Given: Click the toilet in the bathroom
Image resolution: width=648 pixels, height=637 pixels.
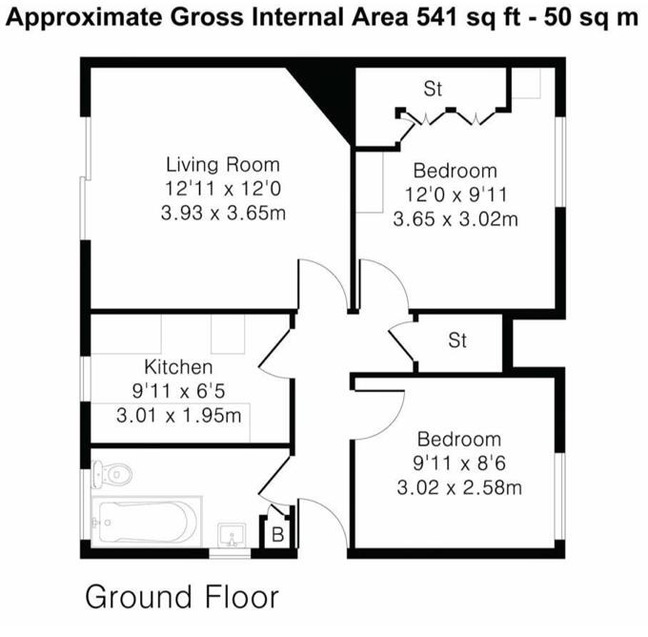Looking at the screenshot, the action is pyautogui.click(x=111, y=473).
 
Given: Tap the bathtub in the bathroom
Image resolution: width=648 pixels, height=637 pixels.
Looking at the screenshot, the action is pyautogui.click(x=147, y=522).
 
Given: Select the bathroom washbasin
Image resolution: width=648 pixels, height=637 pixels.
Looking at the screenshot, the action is pyautogui.click(x=233, y=534).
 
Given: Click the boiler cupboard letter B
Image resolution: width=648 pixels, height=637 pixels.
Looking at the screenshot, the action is pyautogui.click(x=277, y=535).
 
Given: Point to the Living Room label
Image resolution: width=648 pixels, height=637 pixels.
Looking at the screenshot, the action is pyautogui.click(x=223, y=165).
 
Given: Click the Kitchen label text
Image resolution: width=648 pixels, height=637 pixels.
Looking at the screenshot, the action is pyautogui.click(x=178, y=367).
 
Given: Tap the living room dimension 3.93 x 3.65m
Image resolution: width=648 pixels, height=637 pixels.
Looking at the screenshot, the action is pyautogui.click(x=223, y=213).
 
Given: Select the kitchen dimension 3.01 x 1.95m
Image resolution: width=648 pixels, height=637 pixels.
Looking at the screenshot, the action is pyautogui.click(x=178, y=416).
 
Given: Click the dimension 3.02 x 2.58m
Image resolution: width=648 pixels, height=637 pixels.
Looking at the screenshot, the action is pyautogui.click(x=459, y=487).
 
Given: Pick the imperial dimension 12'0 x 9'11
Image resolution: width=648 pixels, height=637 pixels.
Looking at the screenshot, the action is pyautogui.click(x=456, y=195).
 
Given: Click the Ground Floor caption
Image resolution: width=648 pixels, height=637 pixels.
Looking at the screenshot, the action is pyautogui.click(x=182, y=597).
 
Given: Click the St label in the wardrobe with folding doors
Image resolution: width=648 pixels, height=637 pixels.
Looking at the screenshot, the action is pyautogui.click(x=433, y=89).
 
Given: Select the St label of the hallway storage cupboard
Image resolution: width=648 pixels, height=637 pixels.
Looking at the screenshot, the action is pyautogui.click(x=457, y=340).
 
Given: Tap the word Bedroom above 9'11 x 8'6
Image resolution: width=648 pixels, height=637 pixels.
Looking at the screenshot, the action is pyautogui.click(x=459, y=439).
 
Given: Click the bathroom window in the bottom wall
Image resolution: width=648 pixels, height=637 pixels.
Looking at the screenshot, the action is pyautogui.click(x=230, y=553).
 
